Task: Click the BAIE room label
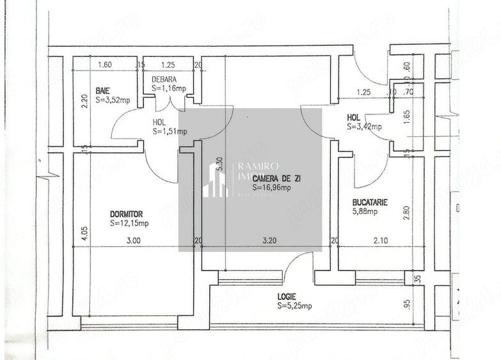click(x=102, y=90)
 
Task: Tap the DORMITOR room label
click(x=126, y=214)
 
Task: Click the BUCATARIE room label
click(x=370, y=203)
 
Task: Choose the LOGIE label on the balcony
click(x=286, y=296)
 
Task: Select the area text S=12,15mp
click(x=129, y=223)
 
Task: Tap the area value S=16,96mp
click(x=271, y=187)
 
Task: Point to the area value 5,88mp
click(x=366, y=212)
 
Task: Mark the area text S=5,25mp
click(x=294, y=306)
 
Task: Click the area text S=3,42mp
click(x=365, y=127)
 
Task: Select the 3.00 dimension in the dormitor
click(x=132, y=241)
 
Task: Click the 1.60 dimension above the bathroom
click(x=104, y=65)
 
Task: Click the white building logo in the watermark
click(x=215, y=180)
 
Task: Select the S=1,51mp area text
click(x=170, y=131)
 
